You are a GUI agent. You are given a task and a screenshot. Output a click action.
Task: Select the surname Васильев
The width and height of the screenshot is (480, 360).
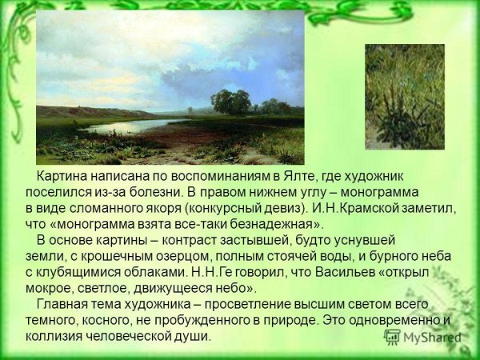point(346,272)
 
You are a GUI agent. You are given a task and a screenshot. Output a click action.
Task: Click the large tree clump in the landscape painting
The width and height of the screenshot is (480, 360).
point(231,102)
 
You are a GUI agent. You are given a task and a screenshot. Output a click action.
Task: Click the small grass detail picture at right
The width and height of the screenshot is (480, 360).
point(404,96)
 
